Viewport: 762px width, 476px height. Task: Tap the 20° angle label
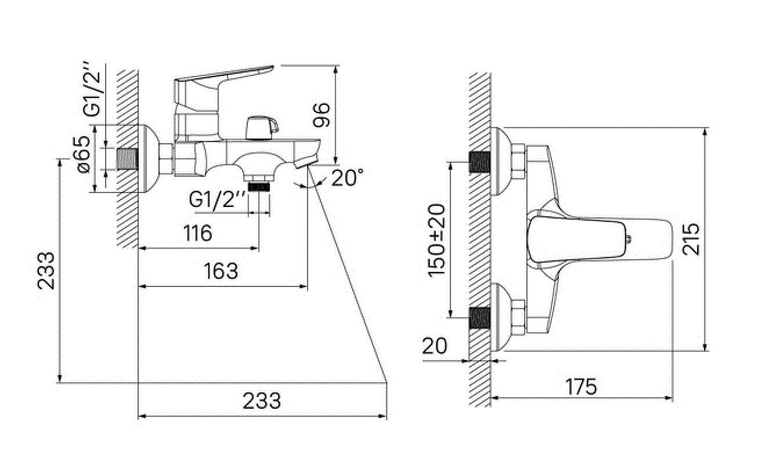[347, 177]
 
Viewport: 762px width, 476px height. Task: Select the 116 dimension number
[198, 233]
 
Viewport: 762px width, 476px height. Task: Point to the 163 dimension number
[221, 271]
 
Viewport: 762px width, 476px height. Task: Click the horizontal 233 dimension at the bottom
[262, 401]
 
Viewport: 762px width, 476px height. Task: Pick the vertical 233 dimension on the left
[46, 271]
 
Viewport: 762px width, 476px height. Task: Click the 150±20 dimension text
[436, 240]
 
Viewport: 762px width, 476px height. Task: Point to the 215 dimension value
[691, 239]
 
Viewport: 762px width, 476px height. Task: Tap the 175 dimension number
[581, 387]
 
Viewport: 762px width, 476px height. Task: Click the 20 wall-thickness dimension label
[435, 346]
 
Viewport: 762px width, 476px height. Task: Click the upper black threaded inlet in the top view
[479, 162]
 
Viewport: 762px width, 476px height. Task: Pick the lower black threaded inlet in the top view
[479, 318]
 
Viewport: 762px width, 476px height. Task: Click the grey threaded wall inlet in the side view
[128, 159]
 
